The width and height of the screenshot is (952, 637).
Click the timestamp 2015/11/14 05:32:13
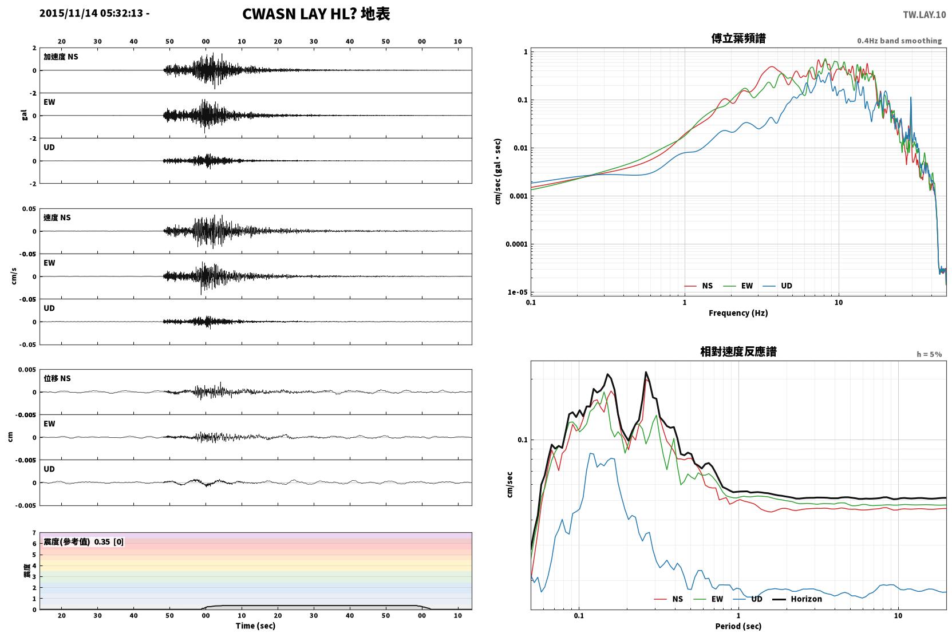91,13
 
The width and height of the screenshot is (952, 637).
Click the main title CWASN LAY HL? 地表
316,14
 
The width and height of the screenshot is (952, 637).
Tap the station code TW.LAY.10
925,15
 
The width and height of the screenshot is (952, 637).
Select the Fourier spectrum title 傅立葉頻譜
738,39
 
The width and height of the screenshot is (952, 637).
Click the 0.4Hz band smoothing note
899,41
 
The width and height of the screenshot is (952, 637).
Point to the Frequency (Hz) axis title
738,313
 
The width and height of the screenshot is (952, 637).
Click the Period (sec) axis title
738,626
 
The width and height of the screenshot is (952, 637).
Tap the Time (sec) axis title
255,626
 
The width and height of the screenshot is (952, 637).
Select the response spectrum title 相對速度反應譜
738,352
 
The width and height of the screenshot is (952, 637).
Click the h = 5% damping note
929,354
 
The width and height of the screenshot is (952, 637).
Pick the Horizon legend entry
797,599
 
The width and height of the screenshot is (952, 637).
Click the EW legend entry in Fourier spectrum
738,286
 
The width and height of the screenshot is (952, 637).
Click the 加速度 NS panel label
61,57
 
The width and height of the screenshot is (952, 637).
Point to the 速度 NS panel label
57,217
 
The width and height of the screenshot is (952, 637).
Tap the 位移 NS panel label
57,378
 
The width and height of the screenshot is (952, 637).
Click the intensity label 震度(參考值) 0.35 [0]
84,542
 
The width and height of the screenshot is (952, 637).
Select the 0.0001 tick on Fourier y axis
516,244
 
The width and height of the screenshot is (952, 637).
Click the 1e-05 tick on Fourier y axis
518,292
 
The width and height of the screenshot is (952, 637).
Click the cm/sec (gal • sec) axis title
497,172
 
